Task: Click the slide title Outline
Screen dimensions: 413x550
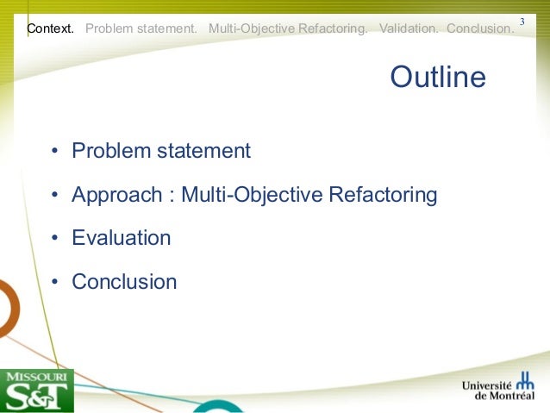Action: (x=438, y=78)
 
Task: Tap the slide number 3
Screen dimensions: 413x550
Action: (x=521, y=21)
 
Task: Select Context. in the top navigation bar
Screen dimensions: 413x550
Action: (x=50, y=28)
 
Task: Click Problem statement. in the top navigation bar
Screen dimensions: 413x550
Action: (x=141, y=28)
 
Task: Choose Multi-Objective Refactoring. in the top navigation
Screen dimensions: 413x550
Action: (x=288, y=28)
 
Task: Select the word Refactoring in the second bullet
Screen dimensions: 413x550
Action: (x=384, y=195)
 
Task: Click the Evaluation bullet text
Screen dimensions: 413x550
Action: (x=121, y=238)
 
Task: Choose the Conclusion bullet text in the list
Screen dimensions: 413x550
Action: (x=124, y=282)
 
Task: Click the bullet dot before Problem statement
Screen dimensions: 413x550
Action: (x=54, y=152)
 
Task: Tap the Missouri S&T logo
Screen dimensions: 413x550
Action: (x=37, y=391)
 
